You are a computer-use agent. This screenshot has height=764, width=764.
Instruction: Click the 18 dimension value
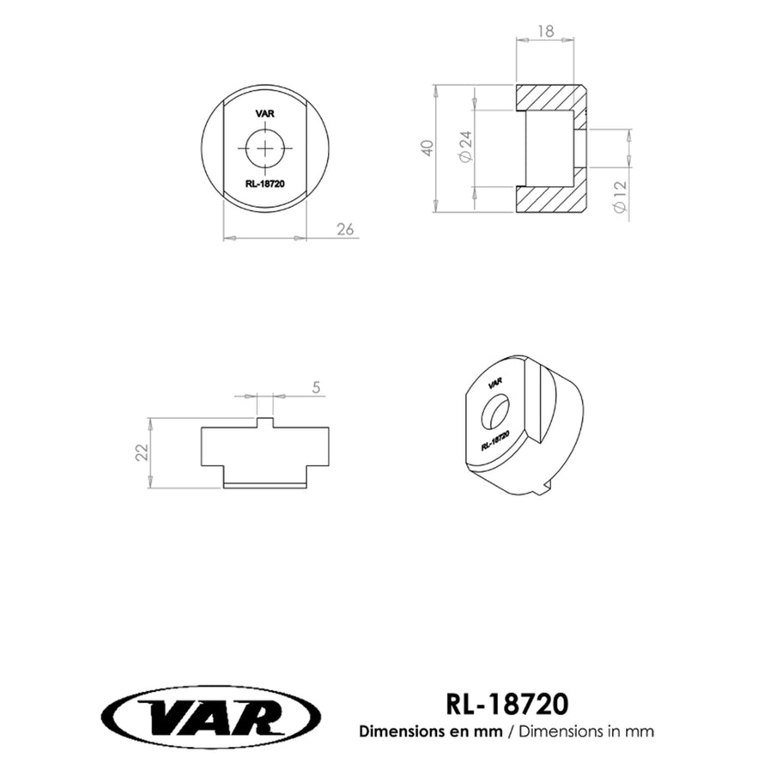[x=546, y=31]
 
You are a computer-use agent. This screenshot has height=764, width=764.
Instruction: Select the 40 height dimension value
[x=427, y=148]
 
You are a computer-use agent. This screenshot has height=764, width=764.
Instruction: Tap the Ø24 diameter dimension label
[x=466, y=147]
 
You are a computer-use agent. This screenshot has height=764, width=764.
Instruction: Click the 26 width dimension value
[x=345, y=229]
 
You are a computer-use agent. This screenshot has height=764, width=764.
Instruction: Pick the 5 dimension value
[x=316, y=388]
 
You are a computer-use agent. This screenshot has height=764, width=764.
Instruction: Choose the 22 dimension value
[x=141, y=452]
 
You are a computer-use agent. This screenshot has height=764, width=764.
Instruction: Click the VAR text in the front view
[x=264, y=113]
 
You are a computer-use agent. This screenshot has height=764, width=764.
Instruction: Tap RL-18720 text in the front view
[x=264, y=184]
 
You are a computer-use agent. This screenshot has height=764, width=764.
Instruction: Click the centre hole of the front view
[x=264, y=149]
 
